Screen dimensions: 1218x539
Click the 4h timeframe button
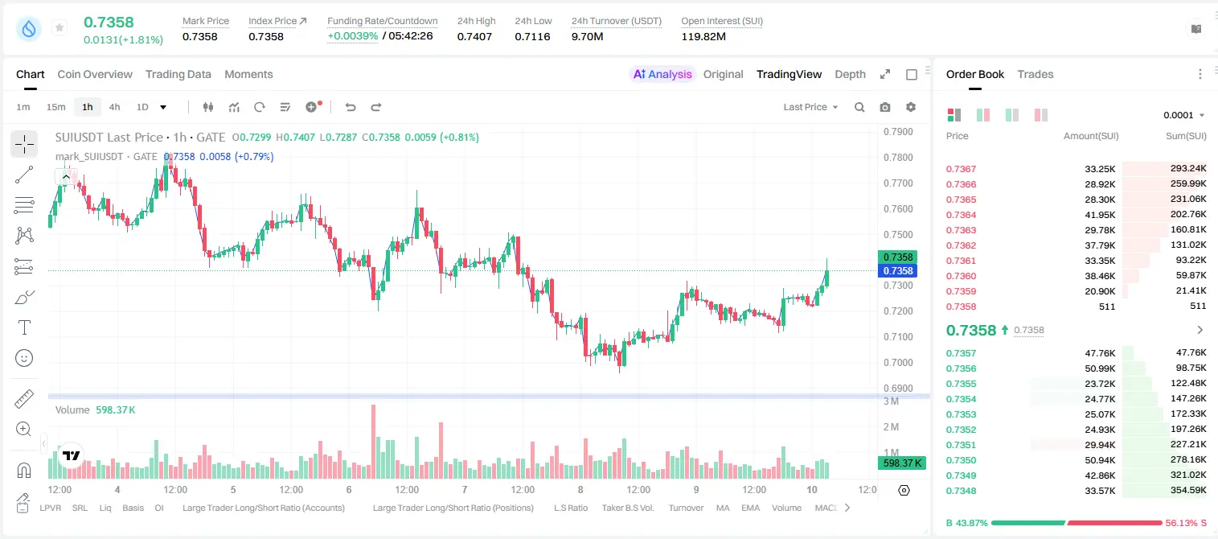(x=114, y=107)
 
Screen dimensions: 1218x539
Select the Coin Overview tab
(x=95, y=74)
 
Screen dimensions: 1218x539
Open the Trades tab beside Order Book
(x=1036, y=74)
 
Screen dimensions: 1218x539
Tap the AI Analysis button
(x=662, y=74)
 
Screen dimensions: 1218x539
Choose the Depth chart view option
(x=850, y=74)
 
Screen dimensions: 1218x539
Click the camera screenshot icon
(x=885, y=107)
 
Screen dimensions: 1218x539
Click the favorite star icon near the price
(x=59, y=27)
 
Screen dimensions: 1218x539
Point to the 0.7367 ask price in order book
(x=961, y=169)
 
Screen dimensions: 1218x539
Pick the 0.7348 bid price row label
(x=961, y=491)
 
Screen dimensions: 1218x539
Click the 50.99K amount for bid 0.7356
(x=1100, y=368)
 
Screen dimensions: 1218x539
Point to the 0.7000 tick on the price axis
(x=898, y=363)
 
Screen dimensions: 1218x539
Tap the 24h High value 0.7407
(x=474, y=36)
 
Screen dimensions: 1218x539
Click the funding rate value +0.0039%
(x=352, y=36)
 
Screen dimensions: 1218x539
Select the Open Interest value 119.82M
(x=703, y=36)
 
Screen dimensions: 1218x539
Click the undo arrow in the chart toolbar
(x=351, y=107)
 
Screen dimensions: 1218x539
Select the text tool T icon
(x=24, y=327)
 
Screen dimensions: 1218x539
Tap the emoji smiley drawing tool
(x=24, y=358)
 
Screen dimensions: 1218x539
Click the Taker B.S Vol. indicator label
(x=627, y=508)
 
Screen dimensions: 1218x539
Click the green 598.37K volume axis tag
(x=902, y=463)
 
